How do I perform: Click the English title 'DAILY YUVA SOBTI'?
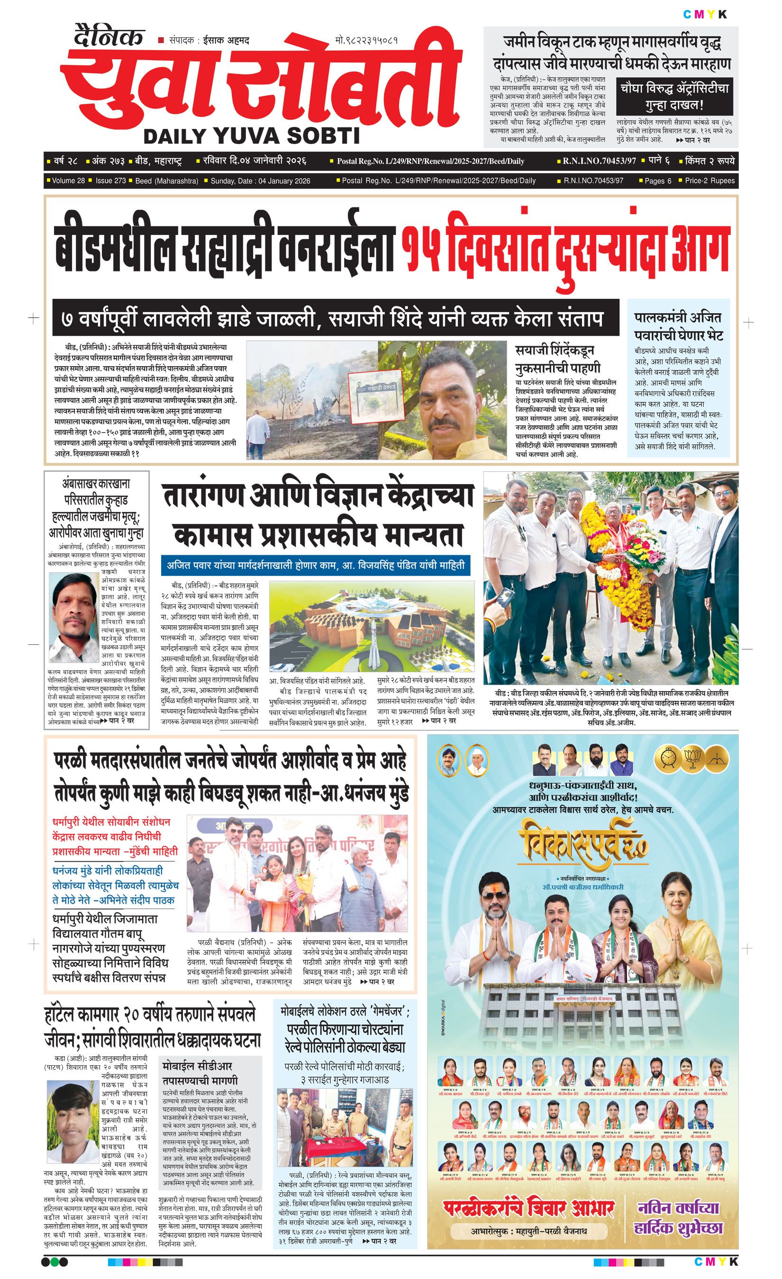click(x=251, y=136)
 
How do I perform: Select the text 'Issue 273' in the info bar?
click(x=110, y=180)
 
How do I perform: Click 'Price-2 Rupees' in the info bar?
click(x=709, y=180)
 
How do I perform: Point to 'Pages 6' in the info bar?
click(x=658, y=180)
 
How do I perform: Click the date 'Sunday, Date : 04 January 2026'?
click(x=260, y=180)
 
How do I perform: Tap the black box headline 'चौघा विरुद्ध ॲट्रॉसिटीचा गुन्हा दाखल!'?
click(x=674, y=96)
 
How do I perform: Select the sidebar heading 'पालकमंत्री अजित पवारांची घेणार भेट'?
click(x=678, y=326)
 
